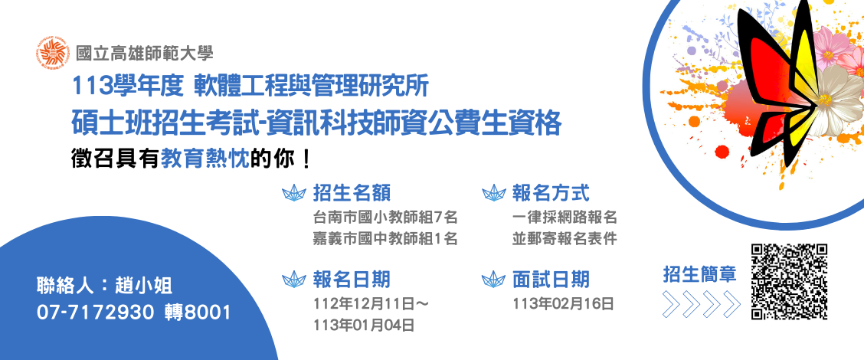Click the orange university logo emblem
click(x=54, y=52)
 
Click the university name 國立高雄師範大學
click(x=145, y=53)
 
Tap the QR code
click(x=790, y=281)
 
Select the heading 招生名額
click(x=352, y=194)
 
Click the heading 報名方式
click(x=551, y=194)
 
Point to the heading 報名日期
click(x=352, y=280)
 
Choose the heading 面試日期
click(x=551, y=280)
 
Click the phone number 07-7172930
click(x=95, y=313)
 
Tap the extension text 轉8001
click(x=198, y=313)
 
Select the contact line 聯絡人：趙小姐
click(x=105, y=286)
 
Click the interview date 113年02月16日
click(x=563, y=304)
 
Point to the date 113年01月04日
click(x=364, y=326)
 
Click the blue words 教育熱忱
click(x=205, y=159)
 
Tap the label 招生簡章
click(x=700, y=274)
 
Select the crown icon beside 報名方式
click(x=494, y=193)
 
